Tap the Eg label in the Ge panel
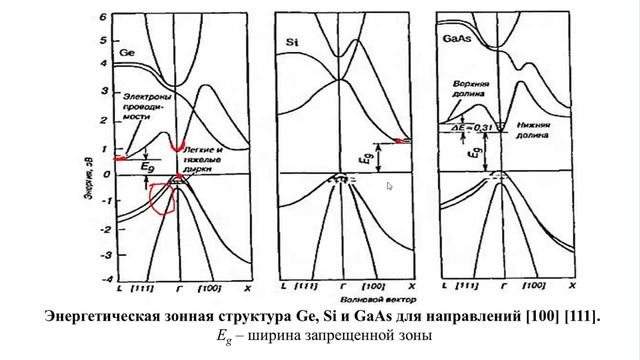[x=147, y=166]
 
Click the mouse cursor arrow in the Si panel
[x=389, y=186]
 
